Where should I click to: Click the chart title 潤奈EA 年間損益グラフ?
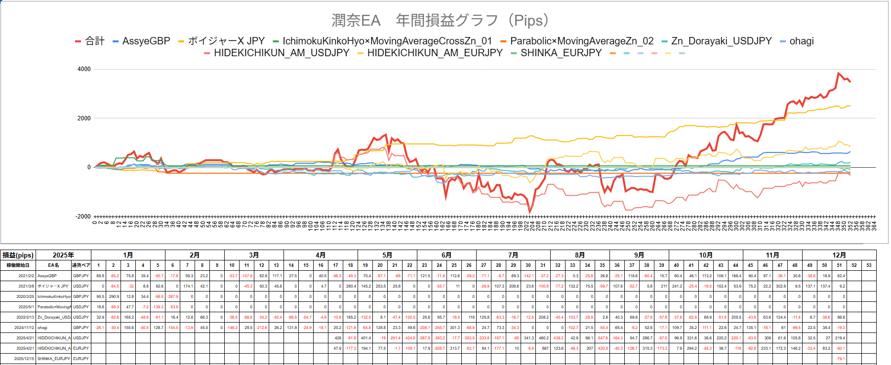[440, 20]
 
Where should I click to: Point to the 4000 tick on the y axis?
[84, 69]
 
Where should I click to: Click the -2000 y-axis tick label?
[83, 217]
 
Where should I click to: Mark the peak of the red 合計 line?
[838, 73]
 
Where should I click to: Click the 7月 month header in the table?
[513, 255]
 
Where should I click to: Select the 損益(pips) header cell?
[18, 255]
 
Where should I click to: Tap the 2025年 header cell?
[63, 255]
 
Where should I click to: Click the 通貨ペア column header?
[81, 265]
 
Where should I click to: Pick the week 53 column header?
[869, 265]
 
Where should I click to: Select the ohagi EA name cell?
[42, 328]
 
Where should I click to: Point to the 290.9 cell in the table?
[114, 296]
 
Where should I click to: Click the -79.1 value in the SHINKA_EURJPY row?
[841, 359]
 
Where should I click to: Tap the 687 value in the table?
[545, 348]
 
